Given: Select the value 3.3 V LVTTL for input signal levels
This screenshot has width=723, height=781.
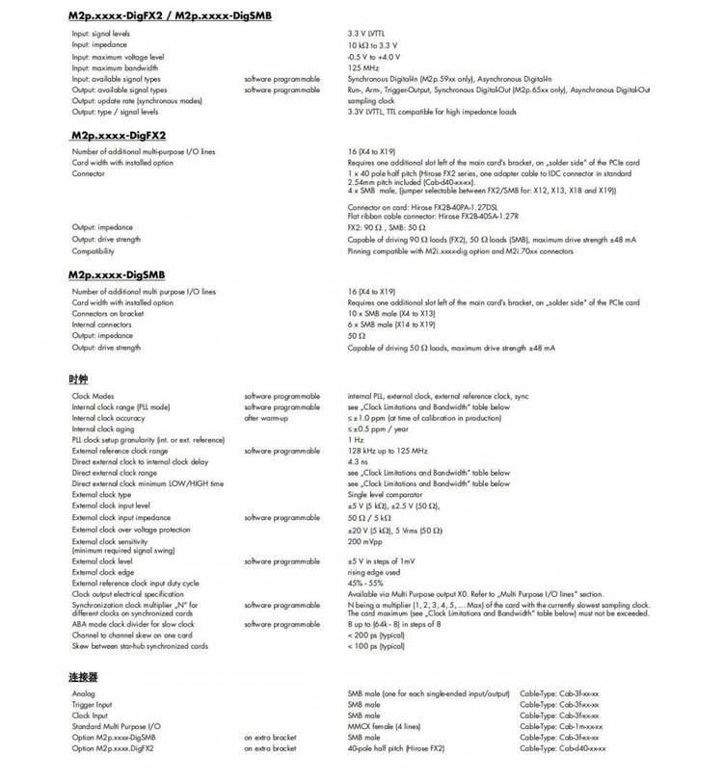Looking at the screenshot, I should [372, 34].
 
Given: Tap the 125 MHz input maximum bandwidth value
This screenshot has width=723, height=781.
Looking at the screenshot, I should [363, 68].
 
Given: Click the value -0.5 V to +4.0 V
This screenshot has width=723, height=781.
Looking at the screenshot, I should [380, 57].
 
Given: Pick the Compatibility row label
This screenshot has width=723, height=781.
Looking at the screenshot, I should [94, 251].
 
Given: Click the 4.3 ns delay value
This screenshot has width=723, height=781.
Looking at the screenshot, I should [358, 461].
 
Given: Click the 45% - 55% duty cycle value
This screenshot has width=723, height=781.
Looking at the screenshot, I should [366, 583].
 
